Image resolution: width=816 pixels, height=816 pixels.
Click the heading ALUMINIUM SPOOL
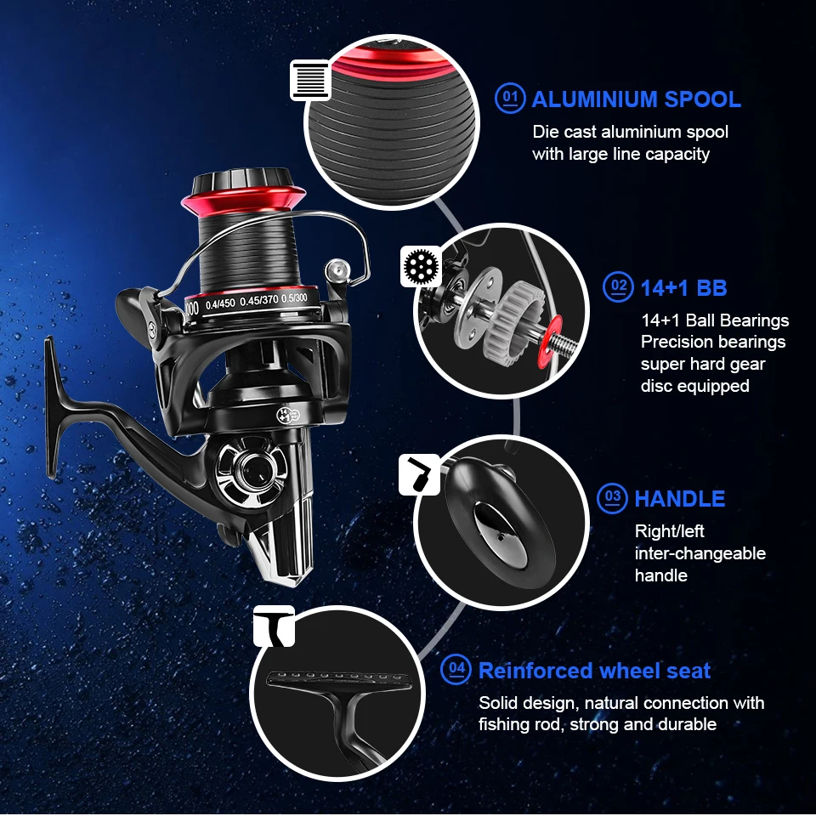(x=636, y=99)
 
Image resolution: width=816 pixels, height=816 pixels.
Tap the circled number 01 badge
(x=510, y=98)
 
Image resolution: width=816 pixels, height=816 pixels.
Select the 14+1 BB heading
(x=683, y=288)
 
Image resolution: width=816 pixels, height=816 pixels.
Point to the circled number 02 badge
(x=618, y=286)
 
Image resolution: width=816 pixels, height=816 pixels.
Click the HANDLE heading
(x=680, y=499)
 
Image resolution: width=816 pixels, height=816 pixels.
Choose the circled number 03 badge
(x=612, y=499)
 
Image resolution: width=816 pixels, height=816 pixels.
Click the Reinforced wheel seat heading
(x=594, y=671)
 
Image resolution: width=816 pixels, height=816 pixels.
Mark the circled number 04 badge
(x=456, y=669)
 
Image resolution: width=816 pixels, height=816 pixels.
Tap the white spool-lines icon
(x=311, y=80)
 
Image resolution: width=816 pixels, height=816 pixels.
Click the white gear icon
(x=421, y=266)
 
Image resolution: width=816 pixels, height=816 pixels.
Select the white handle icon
(x=419, y=474)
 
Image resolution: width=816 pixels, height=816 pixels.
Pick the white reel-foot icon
(x=275, y=626)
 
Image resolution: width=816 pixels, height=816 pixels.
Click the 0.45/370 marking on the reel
(x=258, y=301)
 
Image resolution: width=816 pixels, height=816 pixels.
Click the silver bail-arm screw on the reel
(x=337, y=271)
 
